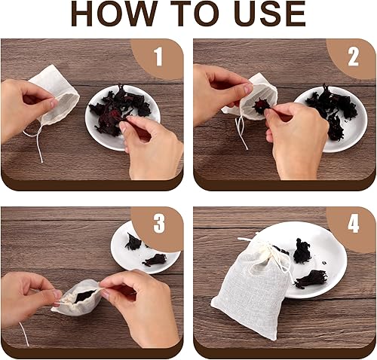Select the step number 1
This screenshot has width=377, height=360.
point(158,57)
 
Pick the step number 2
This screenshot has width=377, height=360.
point(353,57)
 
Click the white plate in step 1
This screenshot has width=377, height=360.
point(123,117)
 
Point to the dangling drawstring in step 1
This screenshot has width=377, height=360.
point(35,141)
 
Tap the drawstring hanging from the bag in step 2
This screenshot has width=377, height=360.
point(242,130)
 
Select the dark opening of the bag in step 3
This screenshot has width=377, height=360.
point(85,295)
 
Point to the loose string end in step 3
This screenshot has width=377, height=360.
point(24,334)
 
